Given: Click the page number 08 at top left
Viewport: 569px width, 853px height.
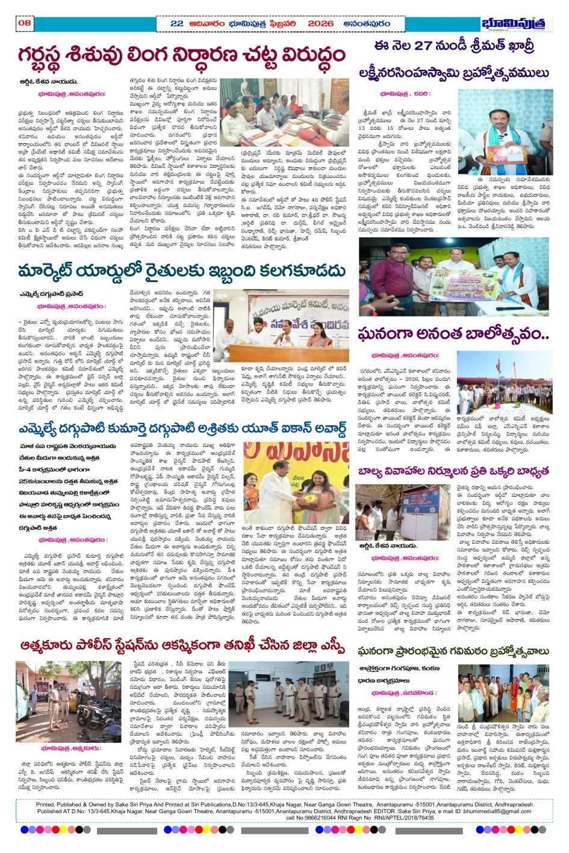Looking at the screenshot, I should tap(25, 23).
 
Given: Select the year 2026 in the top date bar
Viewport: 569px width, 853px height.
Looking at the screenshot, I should tap(320, 23).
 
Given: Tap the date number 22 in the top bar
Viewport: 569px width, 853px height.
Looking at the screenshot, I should tap(177, 23).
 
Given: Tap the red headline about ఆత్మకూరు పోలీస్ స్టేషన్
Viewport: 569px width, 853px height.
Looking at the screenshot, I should tap(182, 646).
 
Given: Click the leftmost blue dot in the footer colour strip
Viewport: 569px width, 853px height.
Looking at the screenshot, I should tap(25, 830).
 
